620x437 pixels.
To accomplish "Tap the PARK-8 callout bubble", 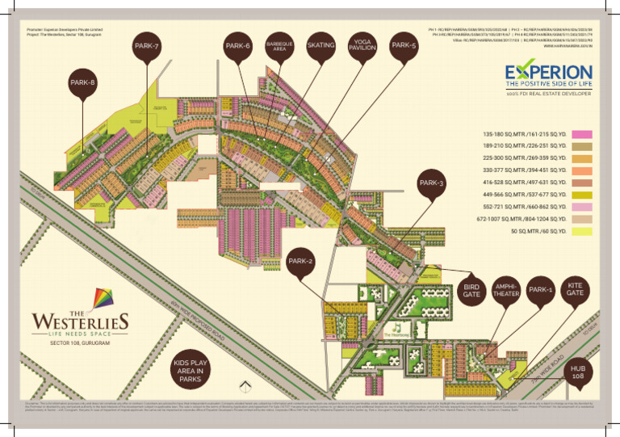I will coord(83,83).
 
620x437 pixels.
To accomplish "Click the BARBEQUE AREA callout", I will coord(279,46).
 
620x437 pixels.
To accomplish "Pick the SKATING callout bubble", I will coord(320,46).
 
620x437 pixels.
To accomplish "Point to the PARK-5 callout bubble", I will coord(404,46).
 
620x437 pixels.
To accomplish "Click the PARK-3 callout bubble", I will coord(431,184).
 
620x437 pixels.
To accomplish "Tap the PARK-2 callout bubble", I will coord(300,262).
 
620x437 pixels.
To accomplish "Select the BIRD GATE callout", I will coord(471,290).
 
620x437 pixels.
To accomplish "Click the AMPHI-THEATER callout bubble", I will coord(505,290).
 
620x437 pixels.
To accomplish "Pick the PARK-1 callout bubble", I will coord(540,290).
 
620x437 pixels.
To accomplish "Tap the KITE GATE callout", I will coord(575,290).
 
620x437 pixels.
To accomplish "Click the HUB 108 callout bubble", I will coord(578,372).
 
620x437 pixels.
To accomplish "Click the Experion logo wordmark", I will coord(548,74).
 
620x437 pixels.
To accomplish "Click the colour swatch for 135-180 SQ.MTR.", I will coord(582,134).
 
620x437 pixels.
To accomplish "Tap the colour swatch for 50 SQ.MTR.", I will coord(582,231).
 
